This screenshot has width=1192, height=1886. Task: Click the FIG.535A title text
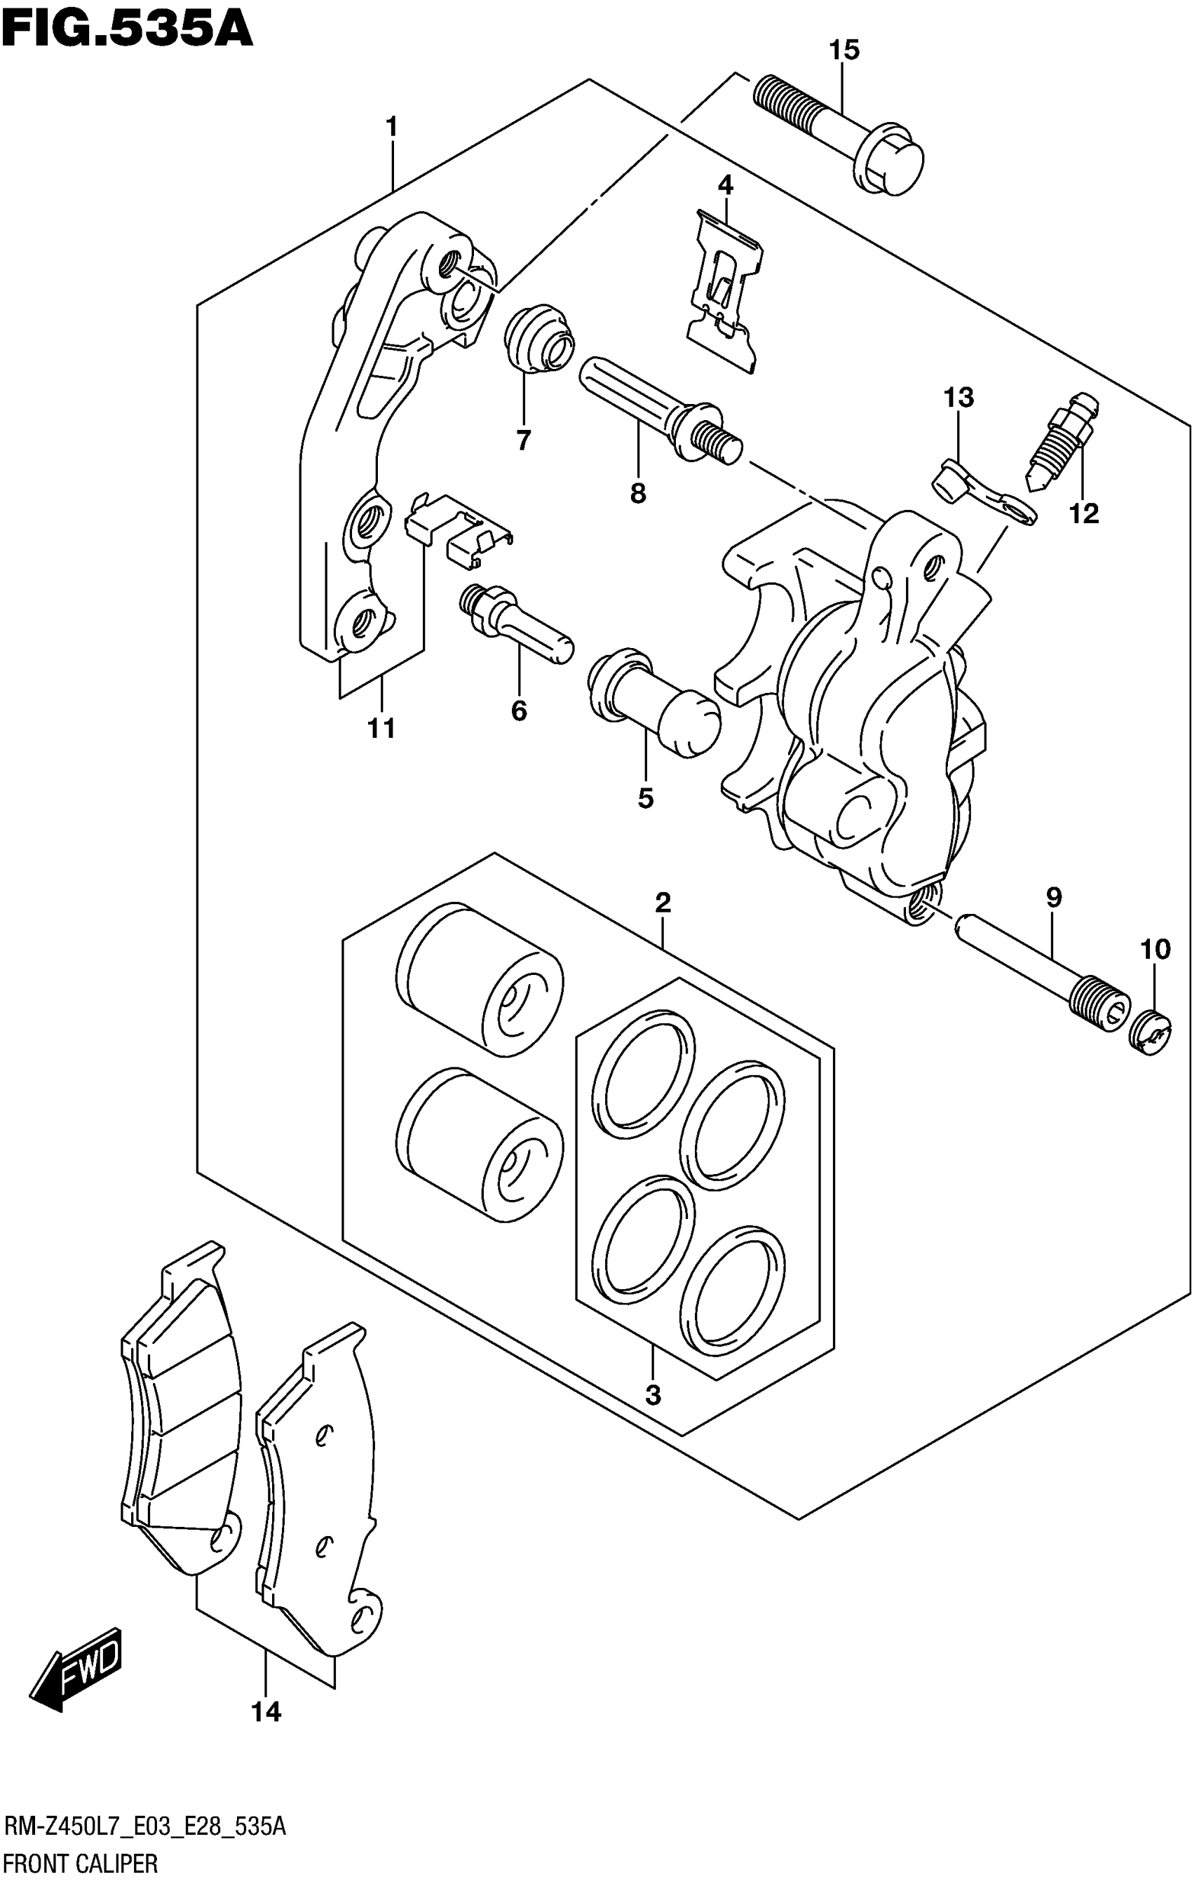[x=127, y=29]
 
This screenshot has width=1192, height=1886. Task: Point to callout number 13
[x=958, y=398]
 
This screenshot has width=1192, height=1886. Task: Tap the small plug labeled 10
[x=1150, y=1033]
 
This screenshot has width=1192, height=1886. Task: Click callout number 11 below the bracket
[x=381, y=729]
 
